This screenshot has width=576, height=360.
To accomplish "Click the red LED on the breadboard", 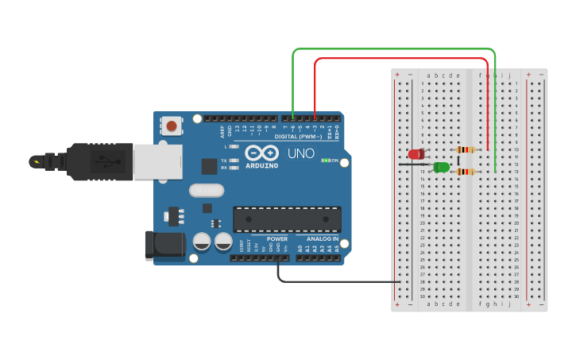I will tap(416, 153).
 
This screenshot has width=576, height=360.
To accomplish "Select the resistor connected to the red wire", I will tap(464, 149).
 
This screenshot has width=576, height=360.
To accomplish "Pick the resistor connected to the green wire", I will tap(464, 171).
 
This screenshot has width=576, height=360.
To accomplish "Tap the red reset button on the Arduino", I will tap(171, 125).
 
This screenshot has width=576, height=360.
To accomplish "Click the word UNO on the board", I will tap(300, 153).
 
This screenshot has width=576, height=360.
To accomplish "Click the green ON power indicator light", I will tap(325, 161).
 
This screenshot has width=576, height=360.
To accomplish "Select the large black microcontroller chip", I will tap(287, 219).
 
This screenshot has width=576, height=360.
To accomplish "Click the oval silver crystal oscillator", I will tap(207, 190).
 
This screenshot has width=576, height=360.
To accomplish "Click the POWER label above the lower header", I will tap(277, 238).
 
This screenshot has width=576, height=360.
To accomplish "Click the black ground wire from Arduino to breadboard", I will tap(334, 281).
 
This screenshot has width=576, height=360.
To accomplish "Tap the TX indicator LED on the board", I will tap(233, 161).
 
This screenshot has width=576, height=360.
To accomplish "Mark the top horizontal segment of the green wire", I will tap(393, 49).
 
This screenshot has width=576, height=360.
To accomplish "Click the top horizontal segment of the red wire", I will tap(401, 59).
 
